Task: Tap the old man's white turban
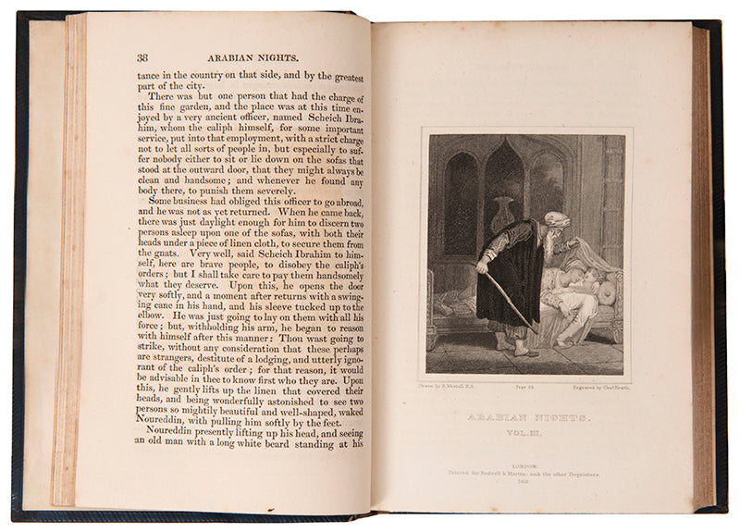(x=555, y=219)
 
